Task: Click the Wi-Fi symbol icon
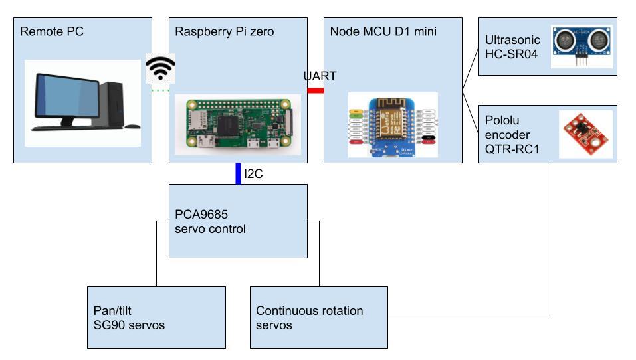(x=161, y=68)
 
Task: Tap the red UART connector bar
(x=315, y=90)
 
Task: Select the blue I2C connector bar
(x=238, y=173)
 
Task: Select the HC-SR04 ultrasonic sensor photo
(x=582, y=46)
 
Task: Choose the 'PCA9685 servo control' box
(x=238, y=221)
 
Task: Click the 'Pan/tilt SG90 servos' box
(x=157, y=317)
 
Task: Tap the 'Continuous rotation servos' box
(x=318, y=317)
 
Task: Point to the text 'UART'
(x=320, y=76)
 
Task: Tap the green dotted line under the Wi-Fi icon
(x=161, y=90)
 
